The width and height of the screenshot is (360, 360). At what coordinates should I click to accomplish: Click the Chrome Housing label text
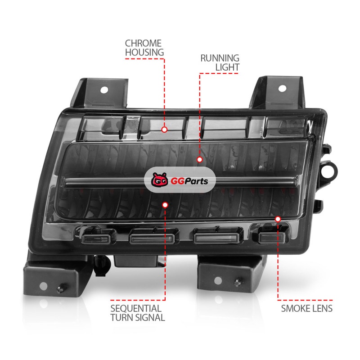click(x=144, y=48)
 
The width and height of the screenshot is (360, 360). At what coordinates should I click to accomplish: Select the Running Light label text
click(x=220, y=63)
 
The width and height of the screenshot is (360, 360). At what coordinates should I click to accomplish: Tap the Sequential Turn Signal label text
click(x=138, y=313)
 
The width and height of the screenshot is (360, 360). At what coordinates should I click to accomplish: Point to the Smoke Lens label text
click(x=307, y=308)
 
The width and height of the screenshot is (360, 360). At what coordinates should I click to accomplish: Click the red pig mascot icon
click(x=160, y=180)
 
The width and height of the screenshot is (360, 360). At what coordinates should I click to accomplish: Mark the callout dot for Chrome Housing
click(x=164, y=130)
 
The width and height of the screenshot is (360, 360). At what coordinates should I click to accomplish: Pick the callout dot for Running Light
click(x=199, y=159)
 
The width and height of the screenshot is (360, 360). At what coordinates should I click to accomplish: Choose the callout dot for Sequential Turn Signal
click(x=165, y=205)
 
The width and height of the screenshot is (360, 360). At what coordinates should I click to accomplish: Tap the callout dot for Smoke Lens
click(x=278, y=219)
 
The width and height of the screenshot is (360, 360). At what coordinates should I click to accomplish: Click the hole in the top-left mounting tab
click(x=104, y=90)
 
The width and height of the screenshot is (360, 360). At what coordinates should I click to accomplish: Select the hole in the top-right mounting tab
click(x=282, y=88)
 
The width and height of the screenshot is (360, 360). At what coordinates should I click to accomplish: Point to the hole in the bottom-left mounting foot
click(x=43, y=286)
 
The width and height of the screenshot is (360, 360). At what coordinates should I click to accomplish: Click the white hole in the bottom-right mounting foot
click(x=218, y=280)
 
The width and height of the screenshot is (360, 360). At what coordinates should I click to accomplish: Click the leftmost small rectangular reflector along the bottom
click(x=96, y=239)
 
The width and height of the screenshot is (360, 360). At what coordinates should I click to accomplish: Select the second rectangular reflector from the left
click(x=152, y=239)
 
